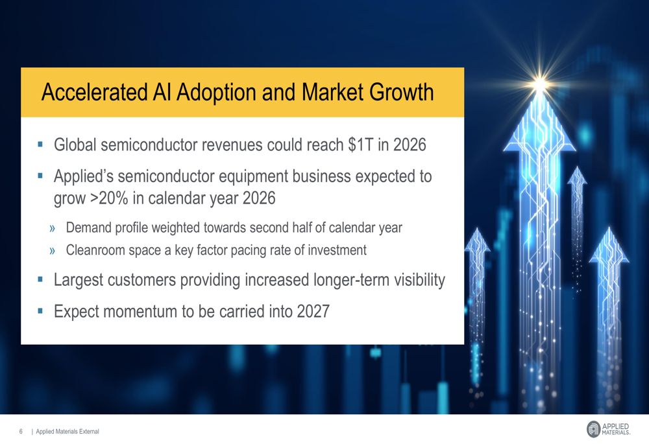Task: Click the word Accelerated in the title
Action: tap(93, 93)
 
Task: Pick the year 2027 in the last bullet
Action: tap(313, 312)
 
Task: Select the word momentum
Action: tap(138, 312)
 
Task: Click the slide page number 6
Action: tap(21, 432)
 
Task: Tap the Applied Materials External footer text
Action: tap(67, 432)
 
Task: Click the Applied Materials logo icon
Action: tap(593, 428)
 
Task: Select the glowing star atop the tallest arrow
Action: tap(539, 83)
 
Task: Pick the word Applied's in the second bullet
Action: tap(84, 176)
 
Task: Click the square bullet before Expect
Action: tap(40, 311)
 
